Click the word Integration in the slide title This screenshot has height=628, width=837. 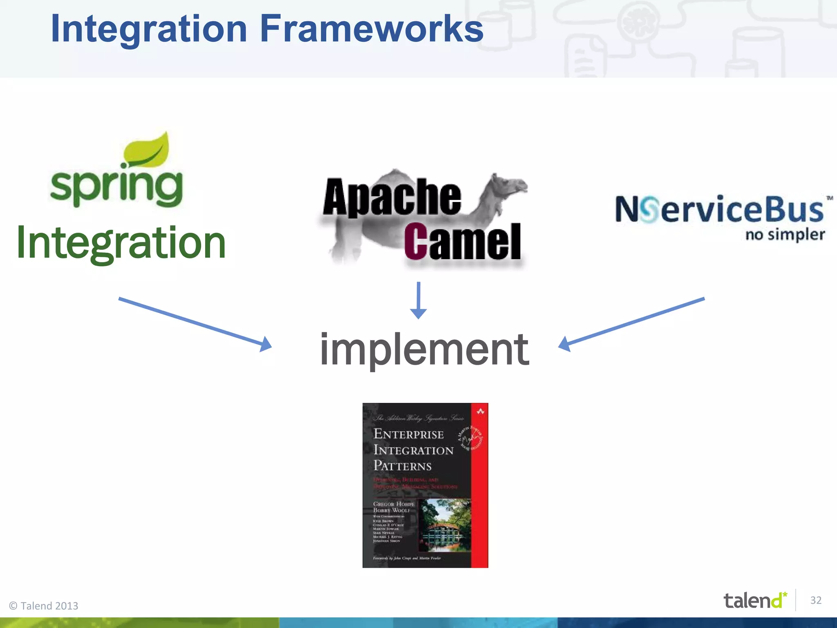pyautogui.click(x=149, y=29)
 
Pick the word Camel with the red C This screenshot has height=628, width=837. pyautogui.click(x=463, y=242)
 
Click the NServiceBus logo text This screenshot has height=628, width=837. pyautogui.click(x=719, y=209)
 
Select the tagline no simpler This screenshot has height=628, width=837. pyautogui.click(x=785, y=235)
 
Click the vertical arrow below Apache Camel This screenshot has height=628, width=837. pyautogui.click(x=418, y=300)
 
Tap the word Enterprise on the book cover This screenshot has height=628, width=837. pyautogui.click(x=408, y=434)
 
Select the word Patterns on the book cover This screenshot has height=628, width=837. pyautogui.click(x=403, y=466)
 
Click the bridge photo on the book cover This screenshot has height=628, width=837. pyautogui.click(x=445, y=525)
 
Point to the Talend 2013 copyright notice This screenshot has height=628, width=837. pyautogui.click(x=44, y=606)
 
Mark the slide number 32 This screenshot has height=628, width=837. pyautogui.click(x=816, y=600)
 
